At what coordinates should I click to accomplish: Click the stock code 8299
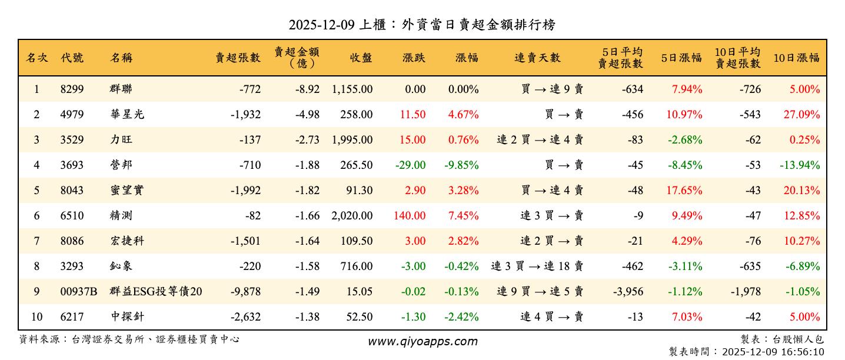(72, 89)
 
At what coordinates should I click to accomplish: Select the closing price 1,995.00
(352, 140)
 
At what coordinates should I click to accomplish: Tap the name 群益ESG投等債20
(156, 292)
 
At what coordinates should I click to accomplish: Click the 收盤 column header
(361, 58)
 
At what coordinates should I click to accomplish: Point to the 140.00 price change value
(409, 216)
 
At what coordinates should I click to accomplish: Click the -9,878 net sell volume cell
(245, 292)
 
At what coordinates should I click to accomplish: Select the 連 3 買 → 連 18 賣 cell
(537, 266)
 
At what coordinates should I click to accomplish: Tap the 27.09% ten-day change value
(801, 115)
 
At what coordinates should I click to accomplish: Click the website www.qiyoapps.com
(422, 342)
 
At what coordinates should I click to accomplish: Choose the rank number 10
(36, 317)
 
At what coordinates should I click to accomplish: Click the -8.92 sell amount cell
(307, 89)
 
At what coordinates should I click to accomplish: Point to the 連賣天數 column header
(537, 58)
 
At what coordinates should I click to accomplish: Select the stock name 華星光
(127, 115)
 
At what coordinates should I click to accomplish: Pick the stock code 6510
(72, 216)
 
